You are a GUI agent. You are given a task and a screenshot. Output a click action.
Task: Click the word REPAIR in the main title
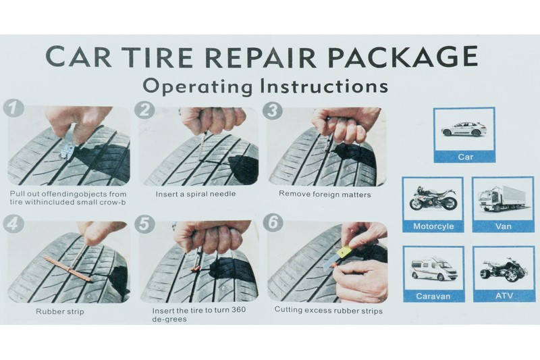[x=260, y=57]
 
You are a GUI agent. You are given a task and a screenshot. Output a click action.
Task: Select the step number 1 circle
[x=13, y=109]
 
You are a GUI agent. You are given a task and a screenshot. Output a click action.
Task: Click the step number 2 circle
[x=144, y=109]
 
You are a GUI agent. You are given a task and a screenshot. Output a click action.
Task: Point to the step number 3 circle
[x=273, y=111]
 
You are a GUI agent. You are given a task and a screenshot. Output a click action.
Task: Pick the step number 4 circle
[x=13, y=224]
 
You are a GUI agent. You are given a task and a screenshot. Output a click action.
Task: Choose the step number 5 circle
[x=144, y=225]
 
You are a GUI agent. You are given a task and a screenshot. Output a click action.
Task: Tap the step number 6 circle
[x=273, y=223]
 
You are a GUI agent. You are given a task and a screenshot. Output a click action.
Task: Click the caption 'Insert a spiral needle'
[x=196, y=194]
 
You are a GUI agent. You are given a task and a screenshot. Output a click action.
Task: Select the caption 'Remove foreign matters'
[x=325, y=195]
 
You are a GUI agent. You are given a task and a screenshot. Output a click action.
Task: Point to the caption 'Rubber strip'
[x=60, y=312]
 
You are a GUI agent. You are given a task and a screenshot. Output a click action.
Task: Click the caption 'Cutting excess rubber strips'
[x=329, y=311]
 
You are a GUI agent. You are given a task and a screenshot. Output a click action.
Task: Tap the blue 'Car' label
[x=465, y=157]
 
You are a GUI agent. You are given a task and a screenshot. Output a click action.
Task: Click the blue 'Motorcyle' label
[x=433, y=226]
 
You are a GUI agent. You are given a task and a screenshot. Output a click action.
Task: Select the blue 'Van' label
[x=504, y=226]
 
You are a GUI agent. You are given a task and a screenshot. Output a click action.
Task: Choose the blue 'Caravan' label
[x=433, y=297]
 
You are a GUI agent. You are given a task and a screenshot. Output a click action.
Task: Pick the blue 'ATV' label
[x=504, y=296]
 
